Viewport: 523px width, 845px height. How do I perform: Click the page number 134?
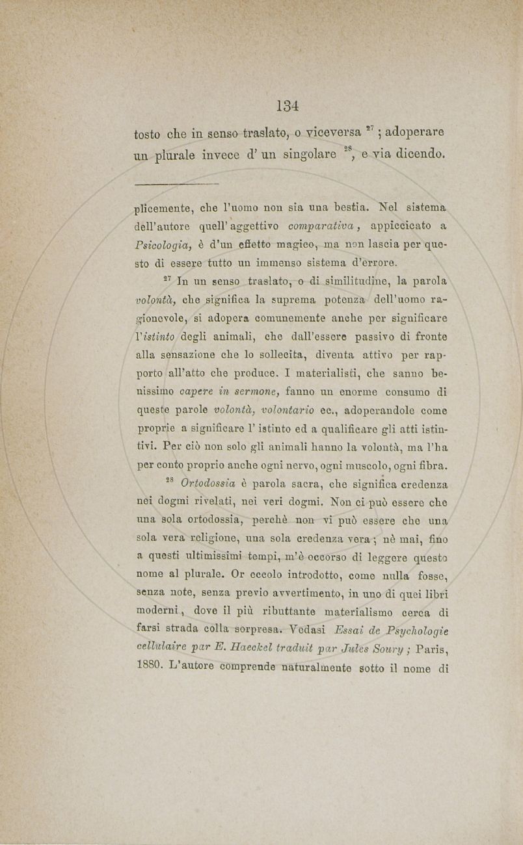[x=286, y=105]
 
